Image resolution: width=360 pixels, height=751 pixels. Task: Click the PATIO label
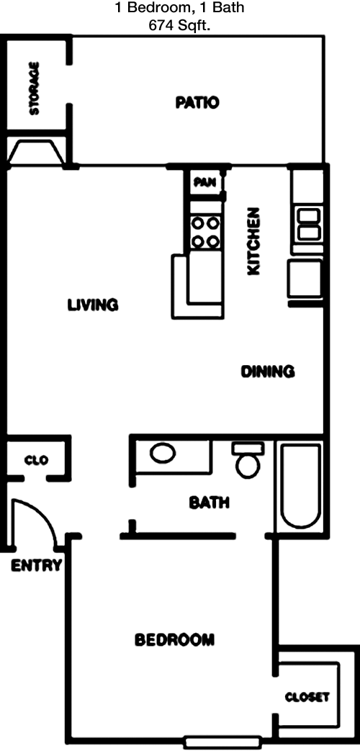(x=197, y=102)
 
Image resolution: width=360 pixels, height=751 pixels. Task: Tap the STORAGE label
(x=35, y=89)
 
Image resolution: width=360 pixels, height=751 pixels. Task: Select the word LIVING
(x=93, y=305)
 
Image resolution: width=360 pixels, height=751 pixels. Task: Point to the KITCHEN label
(x=253, y=241)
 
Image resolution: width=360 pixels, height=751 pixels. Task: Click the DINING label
(x=267, y=372)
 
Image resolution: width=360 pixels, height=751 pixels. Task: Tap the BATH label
(x=209, y=503)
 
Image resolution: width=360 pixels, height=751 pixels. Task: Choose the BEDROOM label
(x=174, y=639)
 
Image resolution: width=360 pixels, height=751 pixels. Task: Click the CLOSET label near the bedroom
(x=307, y=697)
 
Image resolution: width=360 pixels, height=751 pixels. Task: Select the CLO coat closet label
(x=37, y=461)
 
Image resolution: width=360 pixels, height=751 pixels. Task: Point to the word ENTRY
(x=37, y=566)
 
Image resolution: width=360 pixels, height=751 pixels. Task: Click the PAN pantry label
(x=205, y=182)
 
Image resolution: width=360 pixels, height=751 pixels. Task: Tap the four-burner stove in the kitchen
(x=206, y=232)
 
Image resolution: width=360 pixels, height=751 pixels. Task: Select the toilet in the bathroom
(x=248, y=460)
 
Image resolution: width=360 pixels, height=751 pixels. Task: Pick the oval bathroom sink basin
(x=163, y=454)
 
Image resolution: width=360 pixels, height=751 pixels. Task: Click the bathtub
(x=301, y=486)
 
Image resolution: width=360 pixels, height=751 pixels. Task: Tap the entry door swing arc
(x=46, y=514)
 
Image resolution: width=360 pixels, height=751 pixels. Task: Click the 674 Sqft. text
(x=180, y=25)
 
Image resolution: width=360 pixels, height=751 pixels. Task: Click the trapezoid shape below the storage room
(x=37, y=153)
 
